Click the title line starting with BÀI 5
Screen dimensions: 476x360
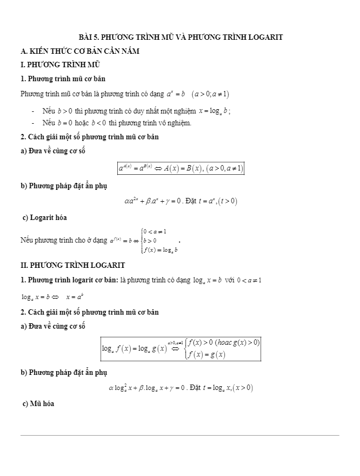tap(180, 37)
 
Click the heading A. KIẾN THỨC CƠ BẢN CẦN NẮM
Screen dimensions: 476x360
tap(80, 51)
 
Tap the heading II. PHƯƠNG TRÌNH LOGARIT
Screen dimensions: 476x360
tap(72, 265)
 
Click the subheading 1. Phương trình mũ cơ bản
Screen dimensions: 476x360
tap(62, 79)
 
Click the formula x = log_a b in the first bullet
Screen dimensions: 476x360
tap(214, 111)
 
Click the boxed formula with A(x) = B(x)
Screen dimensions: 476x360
tap(181, 168)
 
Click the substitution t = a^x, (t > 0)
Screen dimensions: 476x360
tap(218, 202)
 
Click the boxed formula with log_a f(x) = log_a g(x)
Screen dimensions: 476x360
tap(181, 348)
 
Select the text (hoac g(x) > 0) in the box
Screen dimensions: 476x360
tap(237, 342)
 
